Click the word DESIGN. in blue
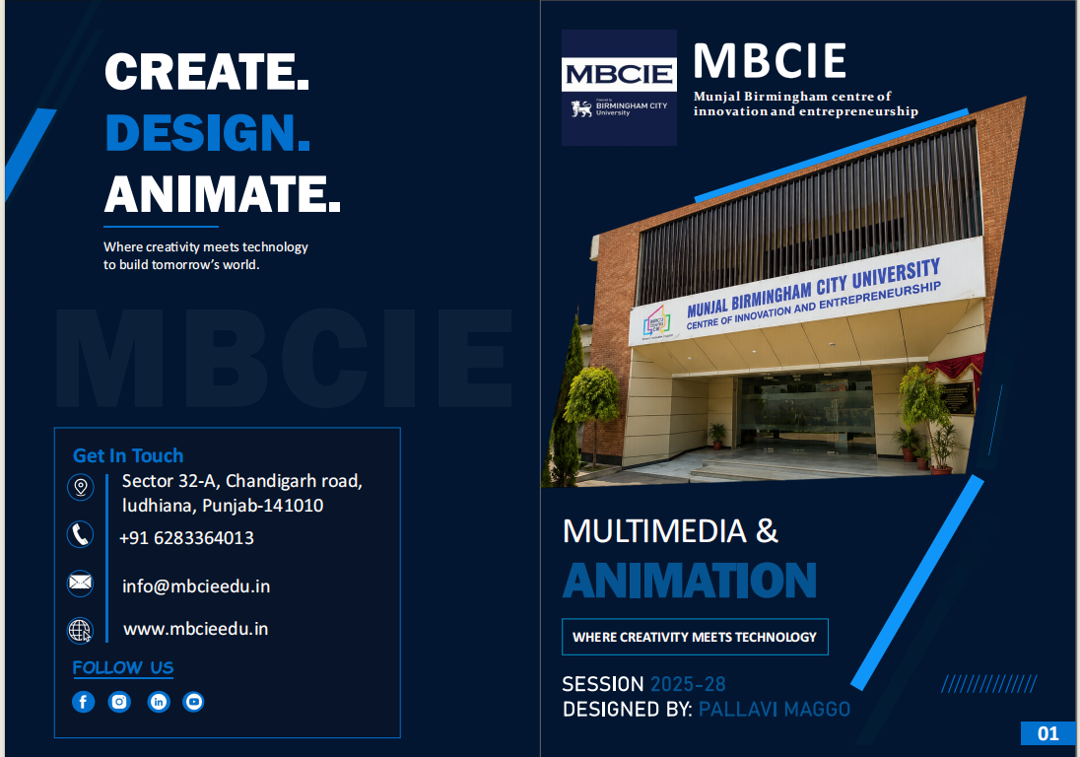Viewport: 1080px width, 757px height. [208, 132]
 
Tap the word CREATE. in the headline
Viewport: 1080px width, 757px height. [207, 72]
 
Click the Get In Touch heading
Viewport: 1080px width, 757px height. [128, 455]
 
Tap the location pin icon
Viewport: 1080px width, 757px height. [81, 487]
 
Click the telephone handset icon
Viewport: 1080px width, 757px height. [81, 534]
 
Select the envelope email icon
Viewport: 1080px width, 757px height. [81, 583]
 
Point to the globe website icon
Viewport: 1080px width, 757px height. [81, 630]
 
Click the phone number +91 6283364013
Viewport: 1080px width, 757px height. [186, 538]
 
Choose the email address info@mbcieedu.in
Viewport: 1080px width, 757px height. [196, 586]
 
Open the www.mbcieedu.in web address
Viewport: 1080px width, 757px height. [196, 629]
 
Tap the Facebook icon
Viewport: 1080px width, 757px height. [84, 702]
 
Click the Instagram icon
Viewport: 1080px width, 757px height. [119, 702]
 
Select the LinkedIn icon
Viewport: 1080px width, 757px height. [159, 702]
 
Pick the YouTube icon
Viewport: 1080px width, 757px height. [193, 702]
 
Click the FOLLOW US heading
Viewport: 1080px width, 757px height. [123, 668]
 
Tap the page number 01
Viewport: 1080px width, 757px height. [1048, 733]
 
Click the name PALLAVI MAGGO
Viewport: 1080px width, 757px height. [775, 710]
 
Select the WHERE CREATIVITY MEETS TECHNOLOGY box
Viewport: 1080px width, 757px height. [695, 637]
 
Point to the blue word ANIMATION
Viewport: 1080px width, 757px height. [690, 581]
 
